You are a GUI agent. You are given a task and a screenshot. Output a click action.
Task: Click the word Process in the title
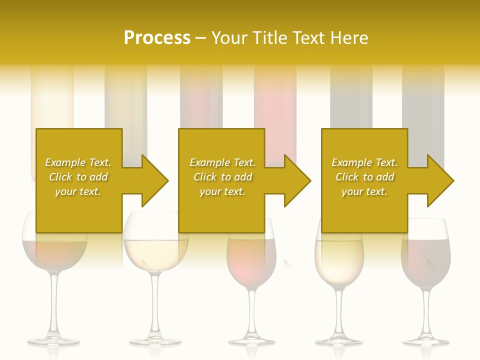tap(157, 37)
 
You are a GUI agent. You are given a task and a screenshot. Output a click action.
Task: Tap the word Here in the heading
tap(348, 37)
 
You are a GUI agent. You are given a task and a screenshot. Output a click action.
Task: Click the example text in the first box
tap(78, 177)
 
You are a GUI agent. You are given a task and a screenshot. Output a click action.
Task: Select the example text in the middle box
tap(222, 177)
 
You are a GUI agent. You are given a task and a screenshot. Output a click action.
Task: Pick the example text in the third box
tap(364, 177)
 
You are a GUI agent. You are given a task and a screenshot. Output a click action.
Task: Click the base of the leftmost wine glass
tap(53, 341)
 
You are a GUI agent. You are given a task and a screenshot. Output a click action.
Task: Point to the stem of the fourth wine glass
tap(339, 310)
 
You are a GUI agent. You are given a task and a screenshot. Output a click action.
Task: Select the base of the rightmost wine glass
tap(426, 341)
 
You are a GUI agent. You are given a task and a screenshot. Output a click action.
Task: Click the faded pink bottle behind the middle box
tap(275, 110)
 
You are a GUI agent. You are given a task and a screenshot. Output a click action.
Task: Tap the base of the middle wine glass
tap(251, 341)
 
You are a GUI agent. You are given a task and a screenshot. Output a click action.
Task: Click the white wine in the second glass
tap(155, 252)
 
